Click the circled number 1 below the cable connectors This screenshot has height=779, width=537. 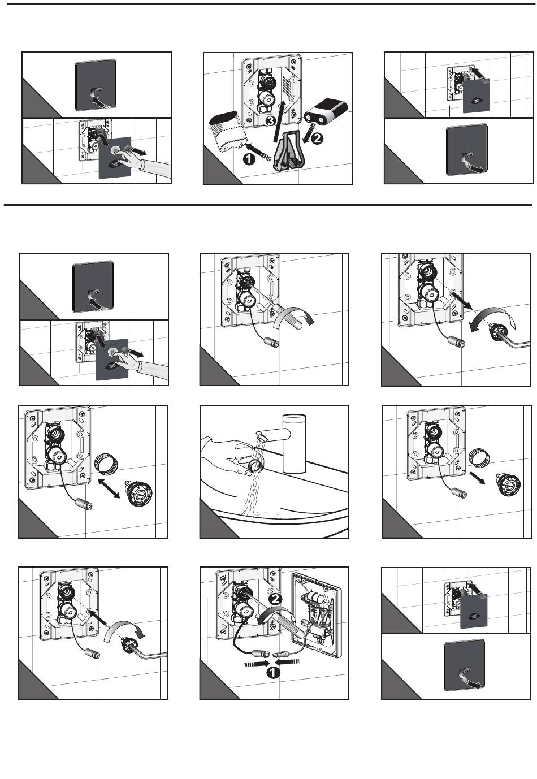click(272, 672)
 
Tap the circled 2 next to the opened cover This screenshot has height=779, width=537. click(275, 598)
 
